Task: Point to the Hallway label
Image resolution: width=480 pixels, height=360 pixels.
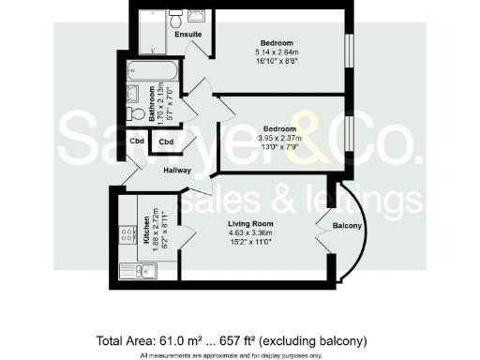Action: tap(177, 171)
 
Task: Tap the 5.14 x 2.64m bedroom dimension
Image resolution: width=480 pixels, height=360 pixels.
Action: tap(277, 52)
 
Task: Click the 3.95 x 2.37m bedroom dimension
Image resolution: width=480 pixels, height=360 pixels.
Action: tap(279, 137)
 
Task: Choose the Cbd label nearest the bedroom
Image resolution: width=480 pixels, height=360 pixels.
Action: tap(167, 142)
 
